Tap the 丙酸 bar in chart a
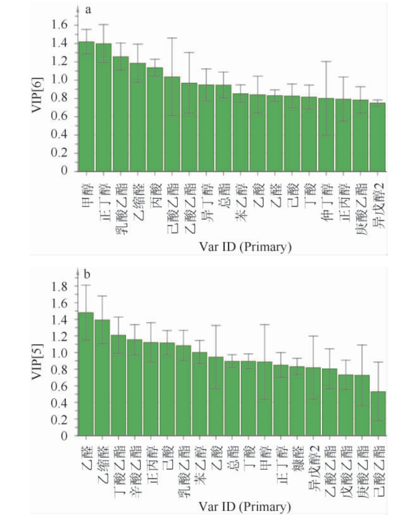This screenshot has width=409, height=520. pos(155,119)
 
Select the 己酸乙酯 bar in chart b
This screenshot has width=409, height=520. pos(378,413)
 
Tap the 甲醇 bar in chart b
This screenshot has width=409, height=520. pos(264,398)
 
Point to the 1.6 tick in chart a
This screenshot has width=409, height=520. pos(59,25)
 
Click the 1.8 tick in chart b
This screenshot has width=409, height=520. pos(59,287)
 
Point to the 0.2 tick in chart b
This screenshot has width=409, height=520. pos(59,419)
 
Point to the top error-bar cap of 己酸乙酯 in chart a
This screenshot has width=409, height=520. pos(172,38)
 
